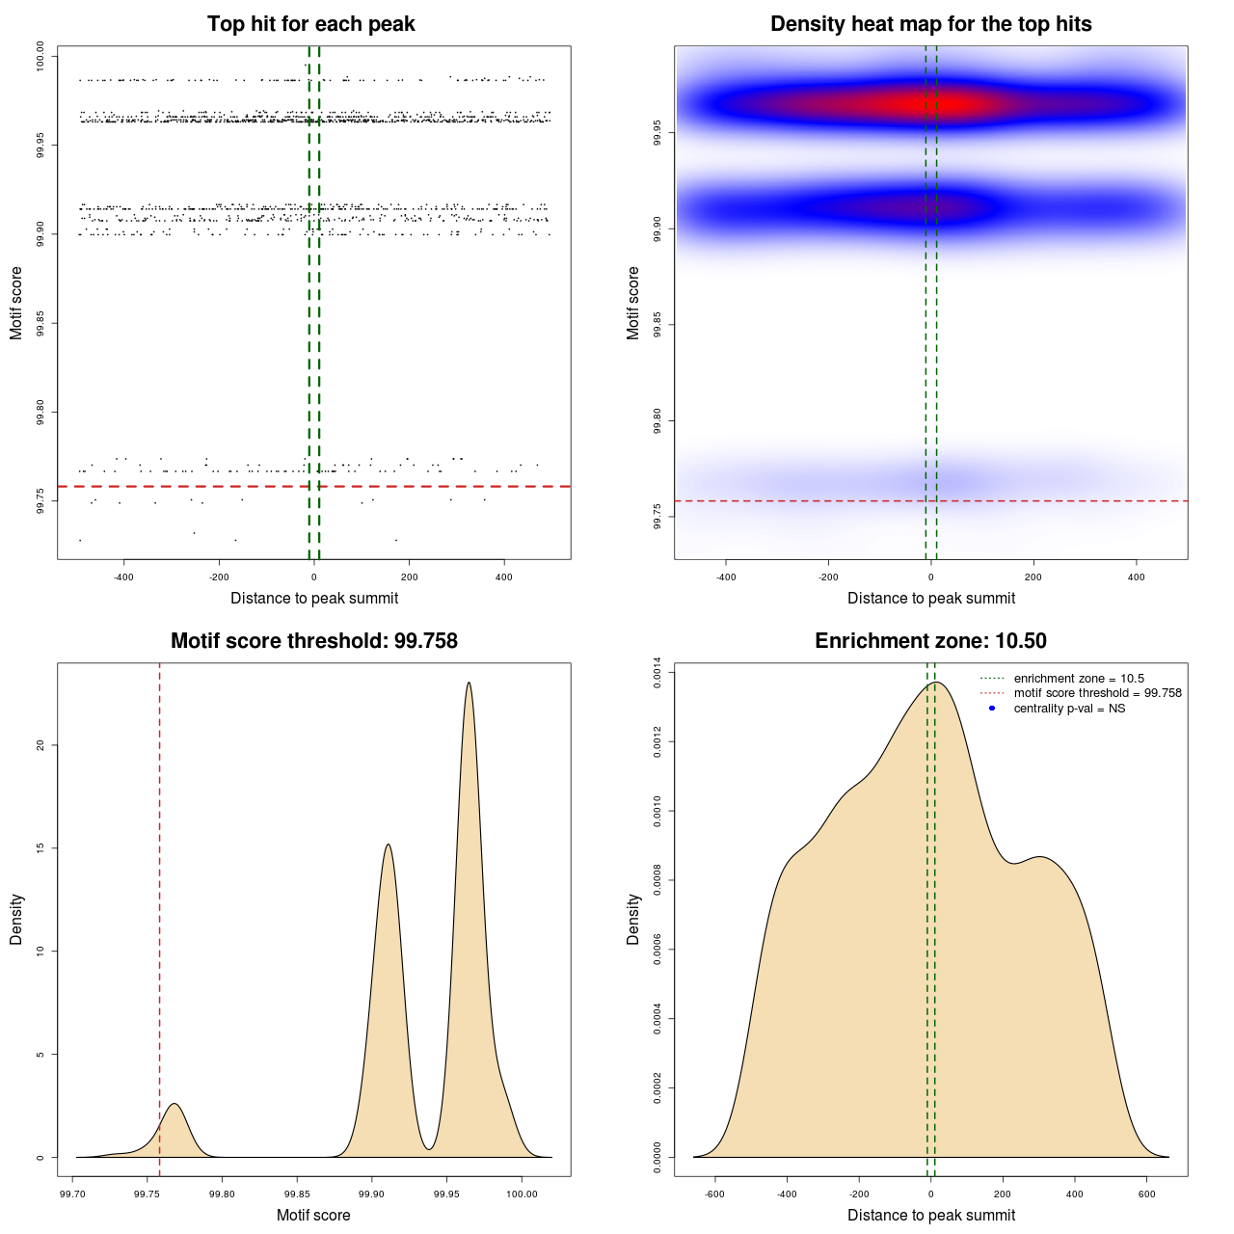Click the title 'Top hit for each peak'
310,24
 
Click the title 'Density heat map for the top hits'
930,24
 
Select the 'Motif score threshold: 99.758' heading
313,641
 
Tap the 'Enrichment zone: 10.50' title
930,641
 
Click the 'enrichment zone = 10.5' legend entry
1078,679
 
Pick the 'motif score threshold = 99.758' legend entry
1097,693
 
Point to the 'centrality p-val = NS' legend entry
1068,709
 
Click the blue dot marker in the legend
992,709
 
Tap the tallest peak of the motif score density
469,684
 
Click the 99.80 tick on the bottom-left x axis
223,1194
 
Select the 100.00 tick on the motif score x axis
522,1194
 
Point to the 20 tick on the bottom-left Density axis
40,745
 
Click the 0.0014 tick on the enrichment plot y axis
657,672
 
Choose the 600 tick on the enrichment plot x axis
1147,1194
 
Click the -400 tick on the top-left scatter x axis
123,577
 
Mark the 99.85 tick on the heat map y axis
657,325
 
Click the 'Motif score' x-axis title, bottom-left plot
313,1215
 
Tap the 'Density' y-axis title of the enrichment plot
633,919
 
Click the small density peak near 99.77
174,1105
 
